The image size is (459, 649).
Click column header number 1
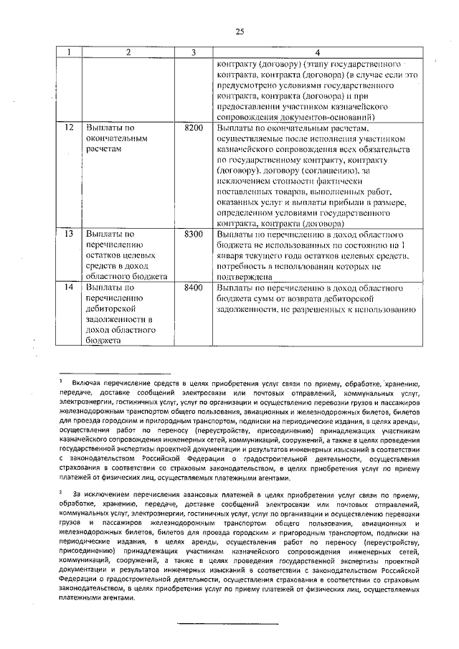(68, 52)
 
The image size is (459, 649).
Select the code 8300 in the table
(194, 234)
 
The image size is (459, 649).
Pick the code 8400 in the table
(194, 288)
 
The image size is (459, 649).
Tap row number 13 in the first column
(68, 234)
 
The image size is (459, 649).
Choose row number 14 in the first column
(68, 288)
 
